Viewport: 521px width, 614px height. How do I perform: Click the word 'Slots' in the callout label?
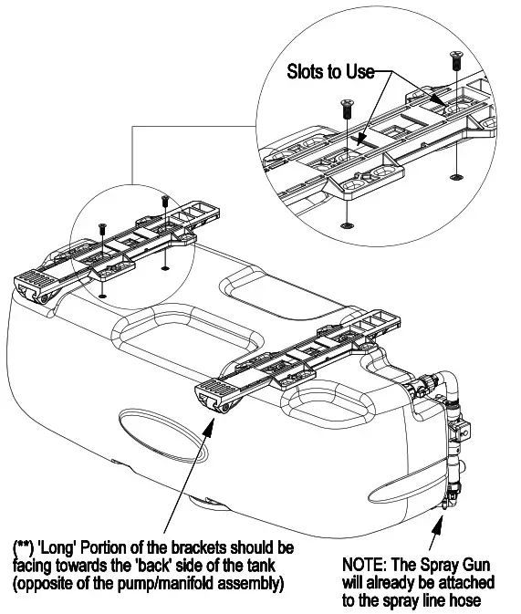[307, 72]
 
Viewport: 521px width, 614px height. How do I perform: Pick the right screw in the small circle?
[164, 200]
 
